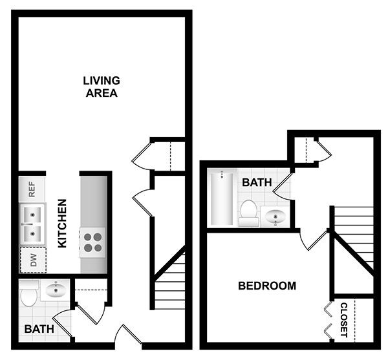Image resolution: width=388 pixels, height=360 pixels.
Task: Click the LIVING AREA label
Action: tap(102, 87)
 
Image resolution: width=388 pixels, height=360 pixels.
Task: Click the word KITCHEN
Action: tap(63, 223)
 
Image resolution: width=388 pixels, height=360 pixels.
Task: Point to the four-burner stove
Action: tap(93, 242)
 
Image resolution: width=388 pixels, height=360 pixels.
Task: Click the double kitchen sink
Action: tap(31, 222)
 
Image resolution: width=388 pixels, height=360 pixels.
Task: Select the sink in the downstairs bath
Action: tap(55, 290)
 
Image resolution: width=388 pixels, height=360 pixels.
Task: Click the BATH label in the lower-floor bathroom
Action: tap(39, 329)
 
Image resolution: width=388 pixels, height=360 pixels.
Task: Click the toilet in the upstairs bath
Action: tap(248, 212)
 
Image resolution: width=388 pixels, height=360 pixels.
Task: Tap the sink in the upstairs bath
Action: tap(276, 217)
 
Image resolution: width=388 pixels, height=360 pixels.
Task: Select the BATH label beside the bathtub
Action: tap(257, 183)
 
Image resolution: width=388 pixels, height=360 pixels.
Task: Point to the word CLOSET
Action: tap(344, 320)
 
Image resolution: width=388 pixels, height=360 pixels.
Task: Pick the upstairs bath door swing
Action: tap(283, 185)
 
